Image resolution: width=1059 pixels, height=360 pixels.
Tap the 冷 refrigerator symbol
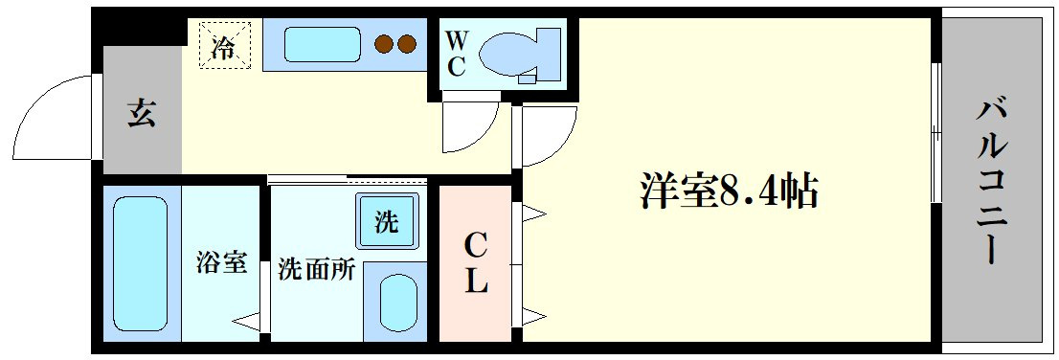225,45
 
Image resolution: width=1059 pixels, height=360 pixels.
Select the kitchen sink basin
322,44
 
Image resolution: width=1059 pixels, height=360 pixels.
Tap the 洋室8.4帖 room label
728,191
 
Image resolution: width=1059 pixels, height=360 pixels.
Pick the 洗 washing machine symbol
387,222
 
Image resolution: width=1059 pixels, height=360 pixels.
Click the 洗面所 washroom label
316,270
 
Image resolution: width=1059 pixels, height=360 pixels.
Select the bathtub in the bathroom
140,263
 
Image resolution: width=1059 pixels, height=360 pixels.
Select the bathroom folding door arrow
248,323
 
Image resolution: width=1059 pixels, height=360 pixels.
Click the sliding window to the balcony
936,133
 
